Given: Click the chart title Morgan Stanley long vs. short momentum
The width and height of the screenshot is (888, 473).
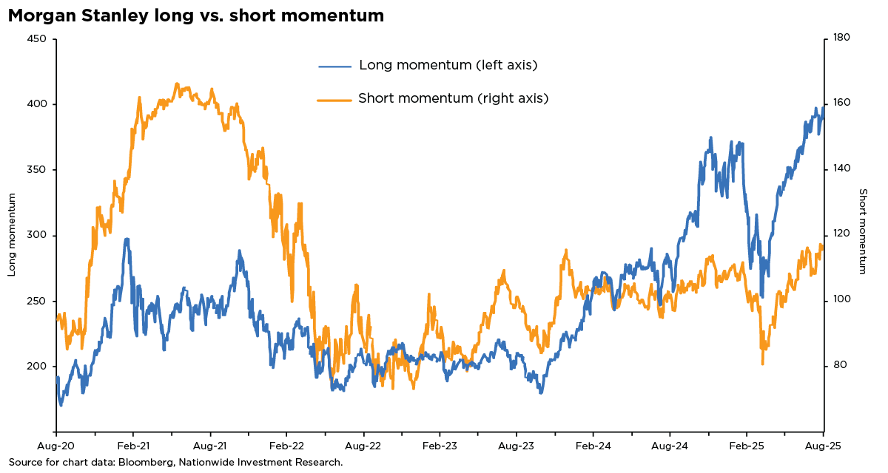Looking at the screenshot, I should (196, 16).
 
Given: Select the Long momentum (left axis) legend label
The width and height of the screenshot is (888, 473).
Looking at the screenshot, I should (448, 65).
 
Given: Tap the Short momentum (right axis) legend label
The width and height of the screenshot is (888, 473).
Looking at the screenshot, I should (453, 98).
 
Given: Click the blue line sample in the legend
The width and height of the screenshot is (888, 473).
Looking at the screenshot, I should (335, 66).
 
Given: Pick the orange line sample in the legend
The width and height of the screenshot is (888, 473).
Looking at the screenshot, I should (334, 99).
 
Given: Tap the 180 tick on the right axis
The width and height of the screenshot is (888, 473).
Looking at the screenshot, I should (841, 38).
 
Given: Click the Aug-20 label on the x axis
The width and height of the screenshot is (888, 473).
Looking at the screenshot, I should (56, 446).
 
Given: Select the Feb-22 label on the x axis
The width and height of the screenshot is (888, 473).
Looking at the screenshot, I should (286, 446).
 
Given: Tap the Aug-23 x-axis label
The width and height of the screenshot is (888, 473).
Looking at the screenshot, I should (517, 446).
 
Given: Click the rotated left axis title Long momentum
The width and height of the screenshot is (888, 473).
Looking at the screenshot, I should (12, 235).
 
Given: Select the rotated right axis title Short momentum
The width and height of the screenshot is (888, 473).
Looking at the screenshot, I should (863, 231).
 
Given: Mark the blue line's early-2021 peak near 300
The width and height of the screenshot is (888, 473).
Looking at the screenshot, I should (127, 239).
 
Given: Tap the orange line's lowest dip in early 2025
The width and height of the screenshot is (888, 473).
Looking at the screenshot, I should (762, 364).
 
